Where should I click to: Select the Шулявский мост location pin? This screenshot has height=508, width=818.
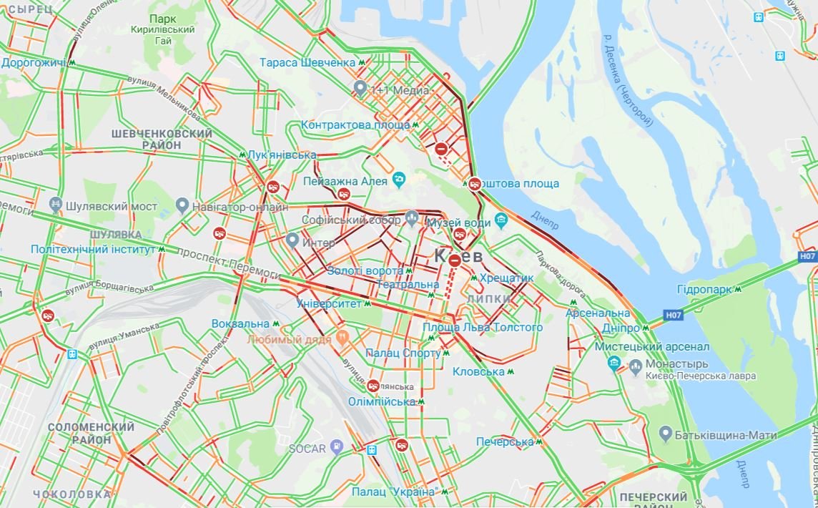[56, 206]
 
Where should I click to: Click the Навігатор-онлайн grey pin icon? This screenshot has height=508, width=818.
[182, 207]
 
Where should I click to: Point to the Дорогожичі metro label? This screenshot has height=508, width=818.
[34, 63]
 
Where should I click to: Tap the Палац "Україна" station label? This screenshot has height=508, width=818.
[394, 492]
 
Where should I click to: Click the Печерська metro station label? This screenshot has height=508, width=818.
[505, 442]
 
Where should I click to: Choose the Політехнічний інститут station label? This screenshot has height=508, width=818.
[93, 249]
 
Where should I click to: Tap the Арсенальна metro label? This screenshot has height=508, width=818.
[598, 313]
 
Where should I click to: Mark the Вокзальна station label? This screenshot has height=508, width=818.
[240, 323]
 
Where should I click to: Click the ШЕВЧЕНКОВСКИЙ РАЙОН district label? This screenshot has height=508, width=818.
[162, 140]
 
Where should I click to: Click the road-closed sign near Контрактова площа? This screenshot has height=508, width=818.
[442, 149]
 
